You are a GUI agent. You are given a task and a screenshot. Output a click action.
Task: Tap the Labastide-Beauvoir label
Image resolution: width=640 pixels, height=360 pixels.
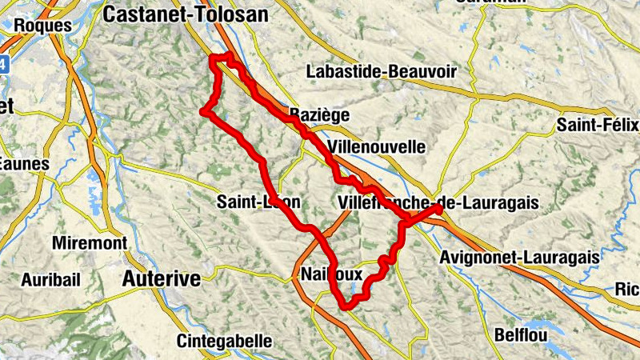pos(381,72)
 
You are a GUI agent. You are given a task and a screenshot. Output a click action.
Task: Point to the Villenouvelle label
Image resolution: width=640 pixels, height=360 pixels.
pos(376,147)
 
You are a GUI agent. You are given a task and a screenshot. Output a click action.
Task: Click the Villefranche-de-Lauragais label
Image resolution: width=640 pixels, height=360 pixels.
pos(438,202)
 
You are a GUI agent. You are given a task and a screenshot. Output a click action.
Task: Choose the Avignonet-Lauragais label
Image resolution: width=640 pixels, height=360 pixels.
pos(519,258)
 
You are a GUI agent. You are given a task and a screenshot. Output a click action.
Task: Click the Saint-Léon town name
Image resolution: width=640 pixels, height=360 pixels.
pos(258,202)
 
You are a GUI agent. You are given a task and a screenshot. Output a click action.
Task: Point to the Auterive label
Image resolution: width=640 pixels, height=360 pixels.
pos(161,279)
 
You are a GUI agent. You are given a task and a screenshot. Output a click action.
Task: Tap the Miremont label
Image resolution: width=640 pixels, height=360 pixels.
pos(89,242)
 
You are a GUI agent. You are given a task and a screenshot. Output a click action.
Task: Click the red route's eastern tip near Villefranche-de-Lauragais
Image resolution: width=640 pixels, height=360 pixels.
pos(439,209)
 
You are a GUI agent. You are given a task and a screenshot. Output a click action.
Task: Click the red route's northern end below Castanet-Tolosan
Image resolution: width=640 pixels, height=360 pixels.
pos(214,57)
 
